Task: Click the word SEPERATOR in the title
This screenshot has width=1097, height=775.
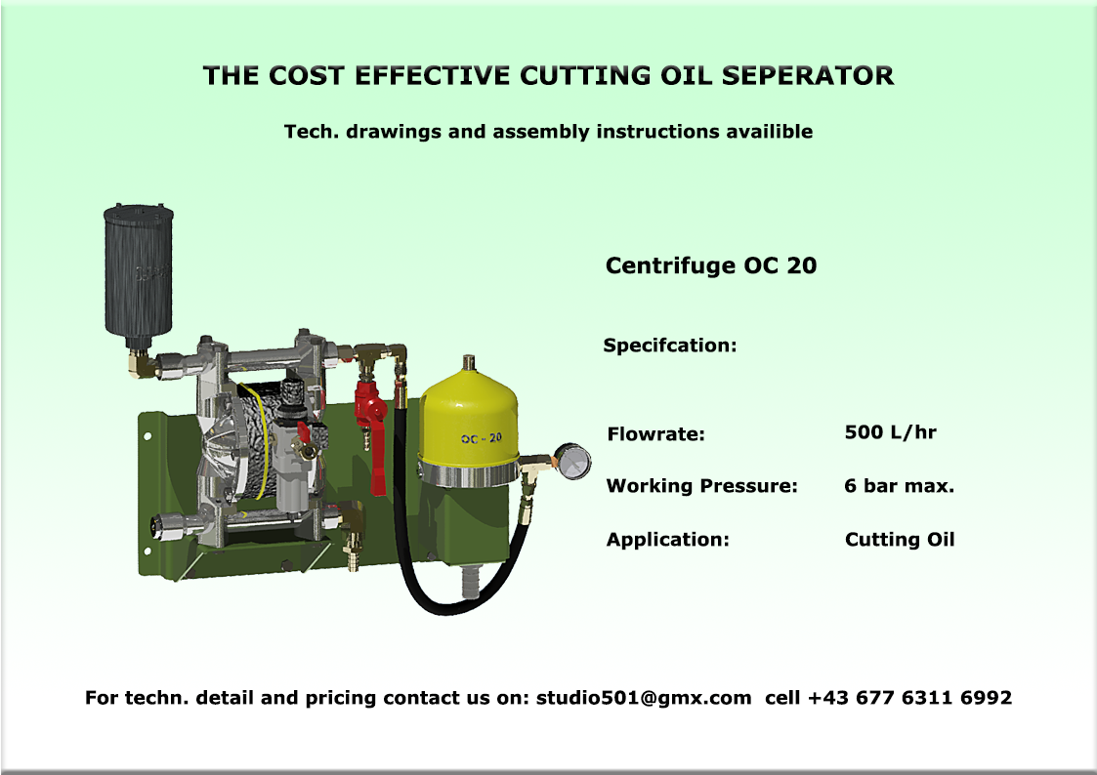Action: pos(808,75)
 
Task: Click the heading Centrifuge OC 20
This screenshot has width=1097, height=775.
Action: pos(711,265)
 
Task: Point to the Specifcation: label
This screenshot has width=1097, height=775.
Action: pos(670,346)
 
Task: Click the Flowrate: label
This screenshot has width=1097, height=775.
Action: pos(656,434)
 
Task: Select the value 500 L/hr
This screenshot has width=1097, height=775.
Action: pos(890,431)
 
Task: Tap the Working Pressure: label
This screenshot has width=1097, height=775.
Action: pos(701,486)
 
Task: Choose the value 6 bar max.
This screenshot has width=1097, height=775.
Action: pos(899,486)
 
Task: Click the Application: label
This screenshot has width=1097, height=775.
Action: pos(667,540)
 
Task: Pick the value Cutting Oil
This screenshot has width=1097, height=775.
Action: pos(900,540)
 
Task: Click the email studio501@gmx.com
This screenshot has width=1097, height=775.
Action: pos(644,698)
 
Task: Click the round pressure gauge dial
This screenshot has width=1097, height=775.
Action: pos(573,462)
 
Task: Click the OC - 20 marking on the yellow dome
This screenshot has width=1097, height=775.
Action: pos(482,439)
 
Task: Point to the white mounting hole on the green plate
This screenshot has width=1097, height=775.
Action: pos(148,436)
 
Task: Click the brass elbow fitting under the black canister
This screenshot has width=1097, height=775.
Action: pos(142,363)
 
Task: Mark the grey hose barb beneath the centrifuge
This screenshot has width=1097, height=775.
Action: pos(470,582)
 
